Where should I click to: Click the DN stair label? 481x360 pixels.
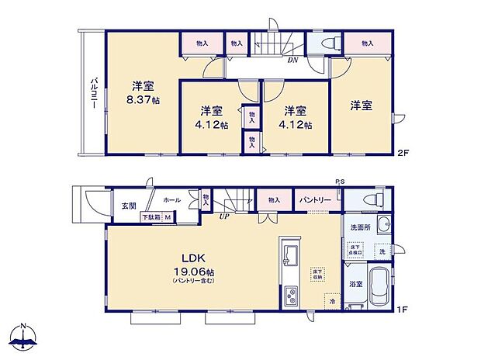point(292,60)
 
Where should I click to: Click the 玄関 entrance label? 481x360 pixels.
point(129,206)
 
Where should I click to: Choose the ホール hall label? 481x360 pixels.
point(172,200)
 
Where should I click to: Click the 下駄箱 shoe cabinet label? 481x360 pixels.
point(151,217)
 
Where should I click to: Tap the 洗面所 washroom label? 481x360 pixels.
point(358,227)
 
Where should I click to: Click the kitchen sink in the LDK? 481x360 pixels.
point(291,254)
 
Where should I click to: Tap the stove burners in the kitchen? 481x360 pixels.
point(291,295)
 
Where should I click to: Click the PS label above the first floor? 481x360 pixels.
point(340,182)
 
